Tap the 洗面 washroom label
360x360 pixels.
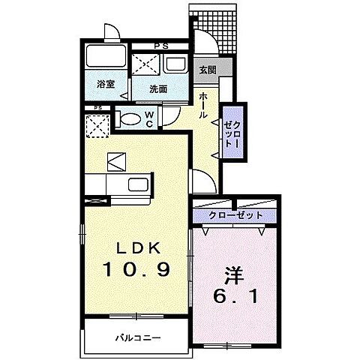tap(157, 88)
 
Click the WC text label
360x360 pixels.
tap(149, 118)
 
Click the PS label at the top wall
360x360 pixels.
tap(159, 45)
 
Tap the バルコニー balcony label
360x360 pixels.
tap(137, 338)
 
